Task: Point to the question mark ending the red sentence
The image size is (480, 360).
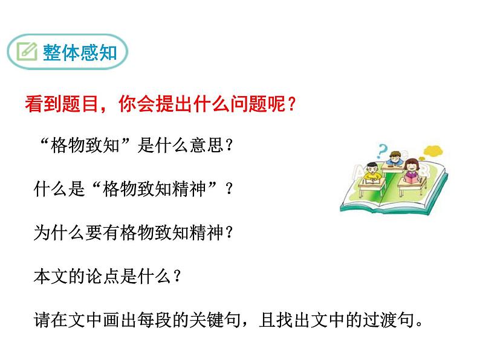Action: (x=293, y=105)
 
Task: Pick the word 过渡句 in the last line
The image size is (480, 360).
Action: (x=384, y=319)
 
